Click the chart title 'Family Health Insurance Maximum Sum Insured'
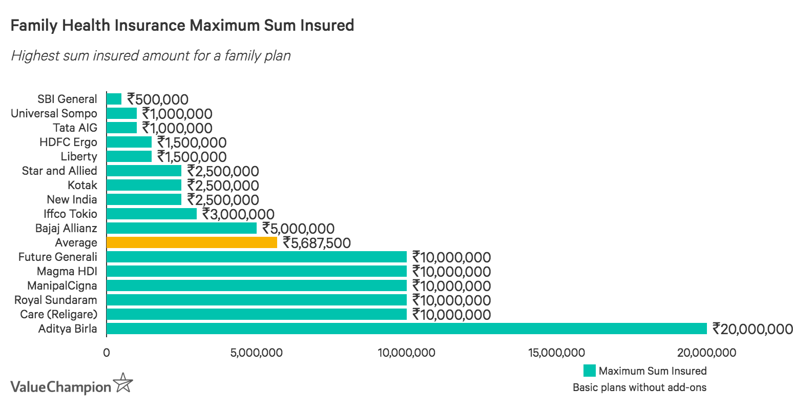pos(182,25)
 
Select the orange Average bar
pos(192,242)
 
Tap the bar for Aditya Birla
pos(406,329)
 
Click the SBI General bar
pos(114,99)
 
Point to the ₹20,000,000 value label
pos(753,329)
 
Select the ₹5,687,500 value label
pos(317,243)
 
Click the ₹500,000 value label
pos(158,99)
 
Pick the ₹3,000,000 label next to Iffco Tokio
pos(238,214)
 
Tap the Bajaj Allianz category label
pos(66,228)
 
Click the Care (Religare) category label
pos(58,314)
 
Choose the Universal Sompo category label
pos(54,113)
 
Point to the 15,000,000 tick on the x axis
pos(557,353)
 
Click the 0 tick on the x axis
pos(107,353)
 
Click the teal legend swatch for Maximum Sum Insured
pos(589,371)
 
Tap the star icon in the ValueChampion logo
pos(123,383)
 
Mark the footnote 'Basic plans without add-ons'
pos(639,387)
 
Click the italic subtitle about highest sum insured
pos(151,55)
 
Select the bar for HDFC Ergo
pos(129,142)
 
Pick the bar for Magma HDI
pos(256,271)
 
